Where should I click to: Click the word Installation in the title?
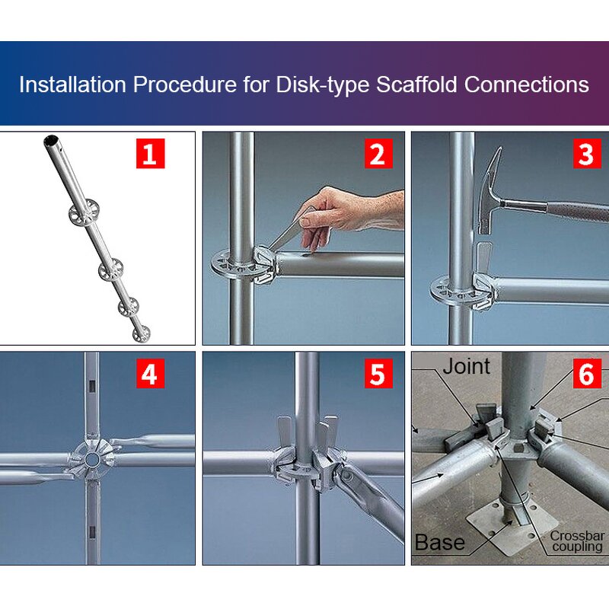coord(73,84)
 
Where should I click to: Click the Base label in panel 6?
coord(440,542)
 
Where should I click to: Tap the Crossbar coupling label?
coord(577,541)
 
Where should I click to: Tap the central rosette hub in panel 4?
coord(92,459)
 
